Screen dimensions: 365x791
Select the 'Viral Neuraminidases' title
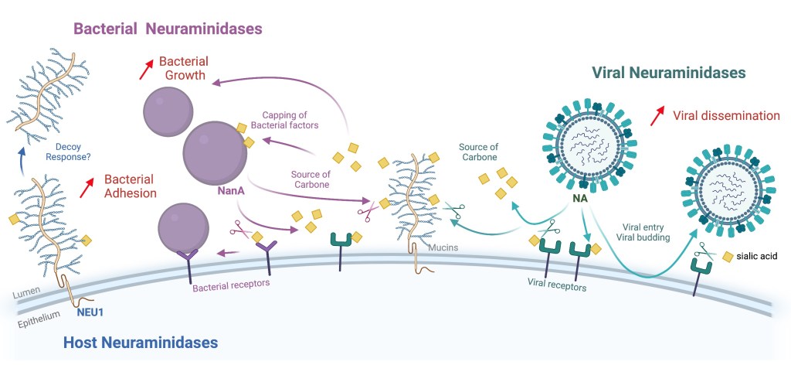click(667, 73)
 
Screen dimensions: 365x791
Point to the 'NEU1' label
click(91, 313)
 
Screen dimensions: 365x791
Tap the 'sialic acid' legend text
click(758, 256)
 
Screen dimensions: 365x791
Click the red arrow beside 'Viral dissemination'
click(657, 116)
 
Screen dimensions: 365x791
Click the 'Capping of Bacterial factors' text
click(290, 119)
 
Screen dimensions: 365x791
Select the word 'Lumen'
click(27, 294)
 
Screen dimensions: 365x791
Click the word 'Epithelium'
click(35, 319)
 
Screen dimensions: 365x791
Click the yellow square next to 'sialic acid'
click(727, 256)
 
